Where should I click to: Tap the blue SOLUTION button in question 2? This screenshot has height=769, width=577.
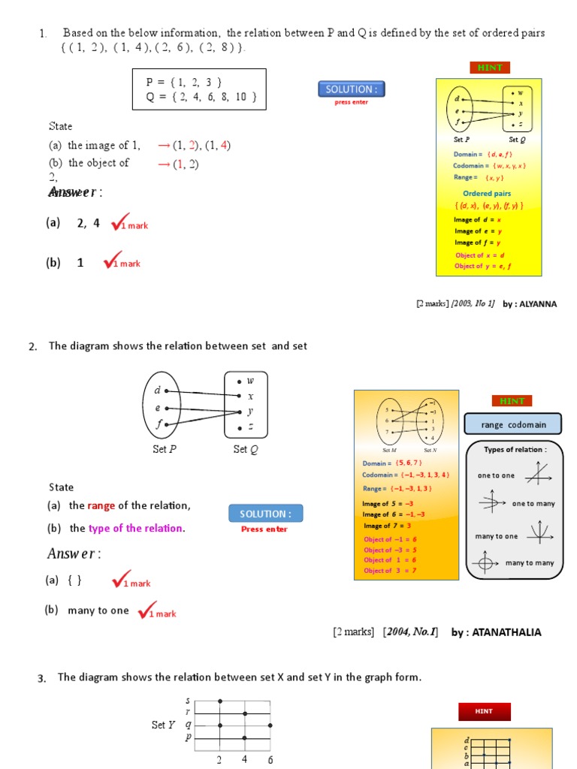tap(265, 514)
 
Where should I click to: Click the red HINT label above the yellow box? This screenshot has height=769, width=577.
tap(490, 68)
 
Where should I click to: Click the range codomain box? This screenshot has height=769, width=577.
tap(512, 425)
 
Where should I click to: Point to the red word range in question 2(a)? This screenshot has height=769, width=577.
tap(101, 505)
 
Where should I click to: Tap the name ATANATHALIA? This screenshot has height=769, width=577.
tap(507, 632)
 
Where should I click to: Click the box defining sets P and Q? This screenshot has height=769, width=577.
tap(199, 89)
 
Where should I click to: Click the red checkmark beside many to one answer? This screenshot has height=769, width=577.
tap(147, 610)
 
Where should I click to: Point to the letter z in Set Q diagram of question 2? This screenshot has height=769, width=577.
tap(250, 427)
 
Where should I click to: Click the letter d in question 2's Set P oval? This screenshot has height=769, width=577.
tap(158, 391)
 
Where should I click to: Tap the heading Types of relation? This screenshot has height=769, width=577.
tap(515, 450)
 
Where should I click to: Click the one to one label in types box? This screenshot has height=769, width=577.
tap(496, 475)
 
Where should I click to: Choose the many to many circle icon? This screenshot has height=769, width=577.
tap(485, 562)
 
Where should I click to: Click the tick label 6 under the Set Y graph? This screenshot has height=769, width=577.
tap(270, 759)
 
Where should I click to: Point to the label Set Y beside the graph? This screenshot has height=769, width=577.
tap(163, 725)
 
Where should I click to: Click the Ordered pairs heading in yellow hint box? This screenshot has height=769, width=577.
tap(487, 194)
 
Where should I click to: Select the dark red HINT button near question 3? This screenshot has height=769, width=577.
tap(485, 711)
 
